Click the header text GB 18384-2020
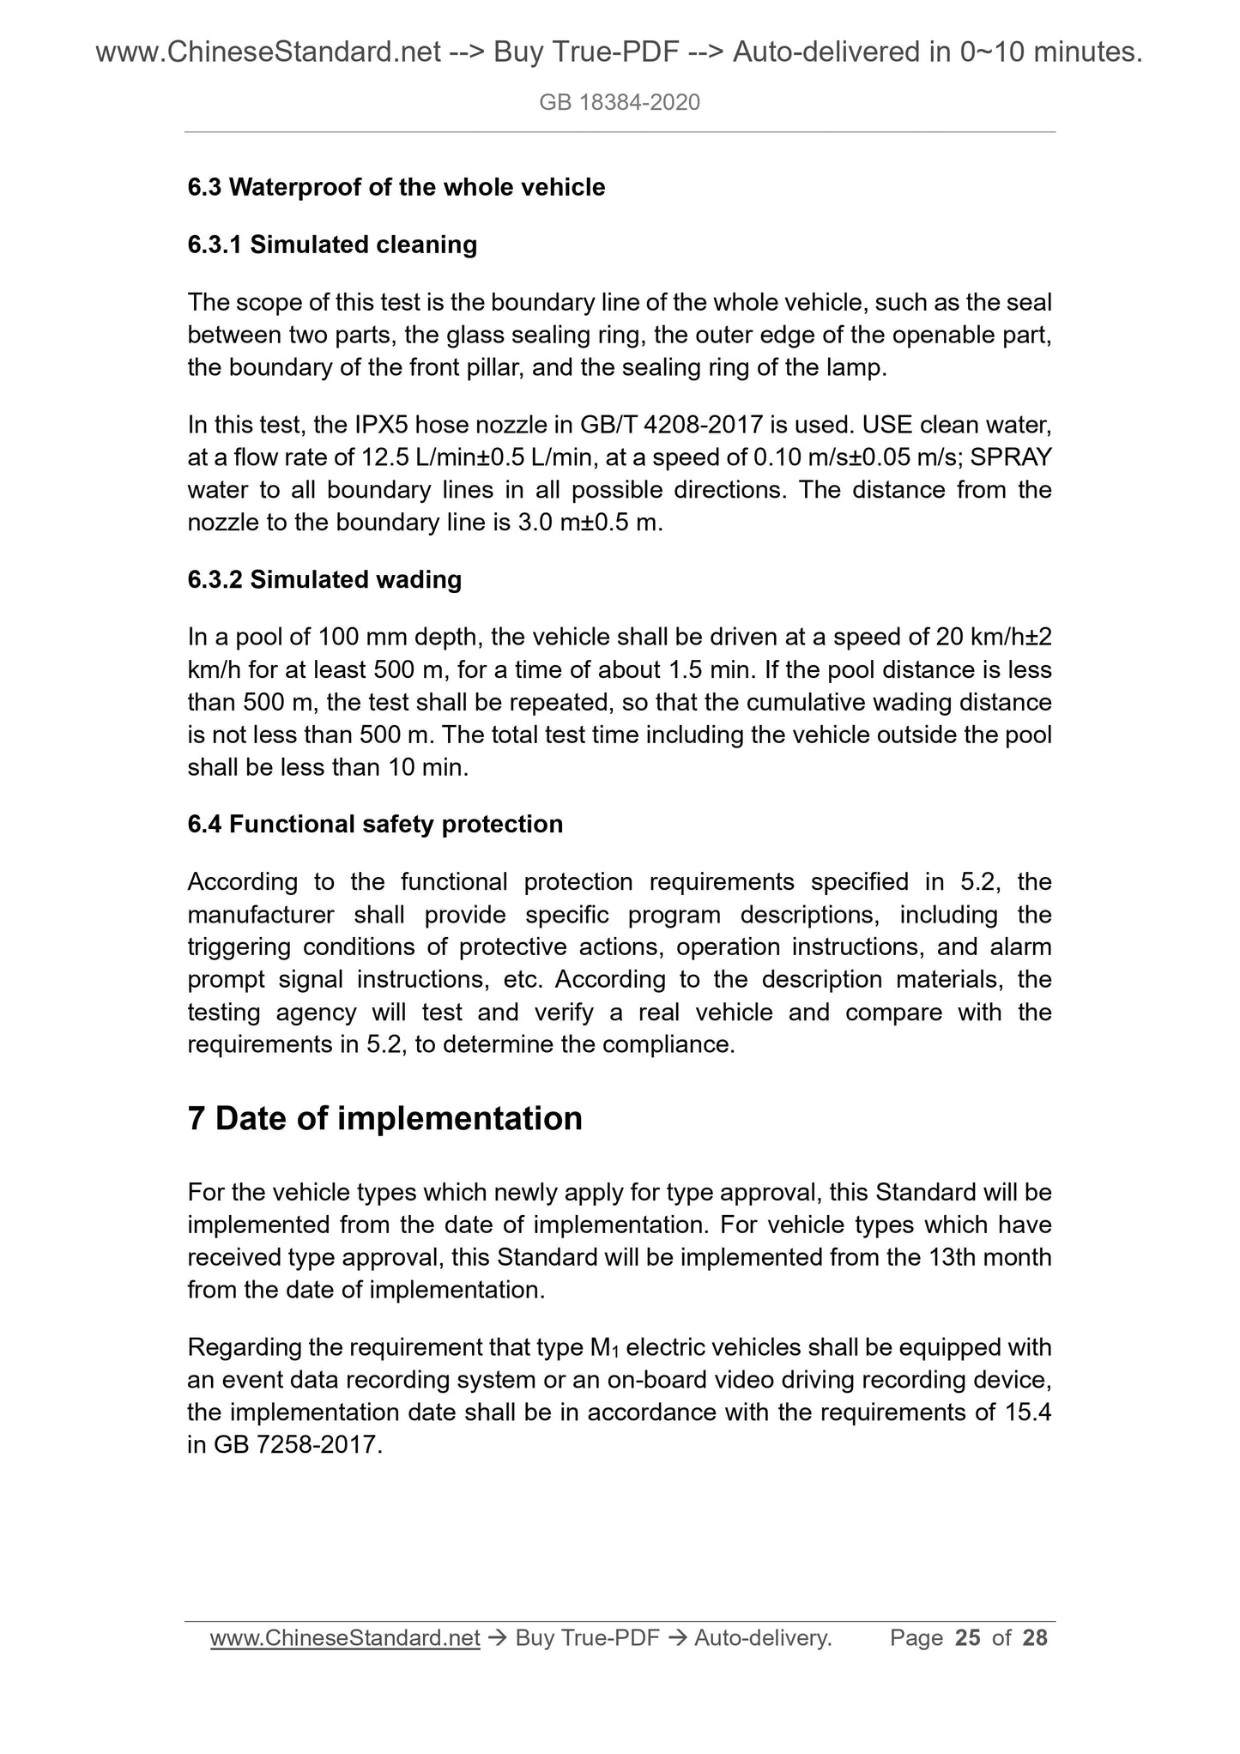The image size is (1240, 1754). click(x=620, y=103)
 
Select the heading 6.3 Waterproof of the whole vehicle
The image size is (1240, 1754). click(x=396, y=187)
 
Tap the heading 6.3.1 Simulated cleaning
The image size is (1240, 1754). click(x=332, y=245)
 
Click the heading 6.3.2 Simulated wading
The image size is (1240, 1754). click(x=324, y=579)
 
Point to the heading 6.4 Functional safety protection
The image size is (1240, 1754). click(x=375, y=824)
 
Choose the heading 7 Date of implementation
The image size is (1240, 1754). click(x=384, y=1118)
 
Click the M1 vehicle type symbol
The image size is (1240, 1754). click(x=606, y=1348)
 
